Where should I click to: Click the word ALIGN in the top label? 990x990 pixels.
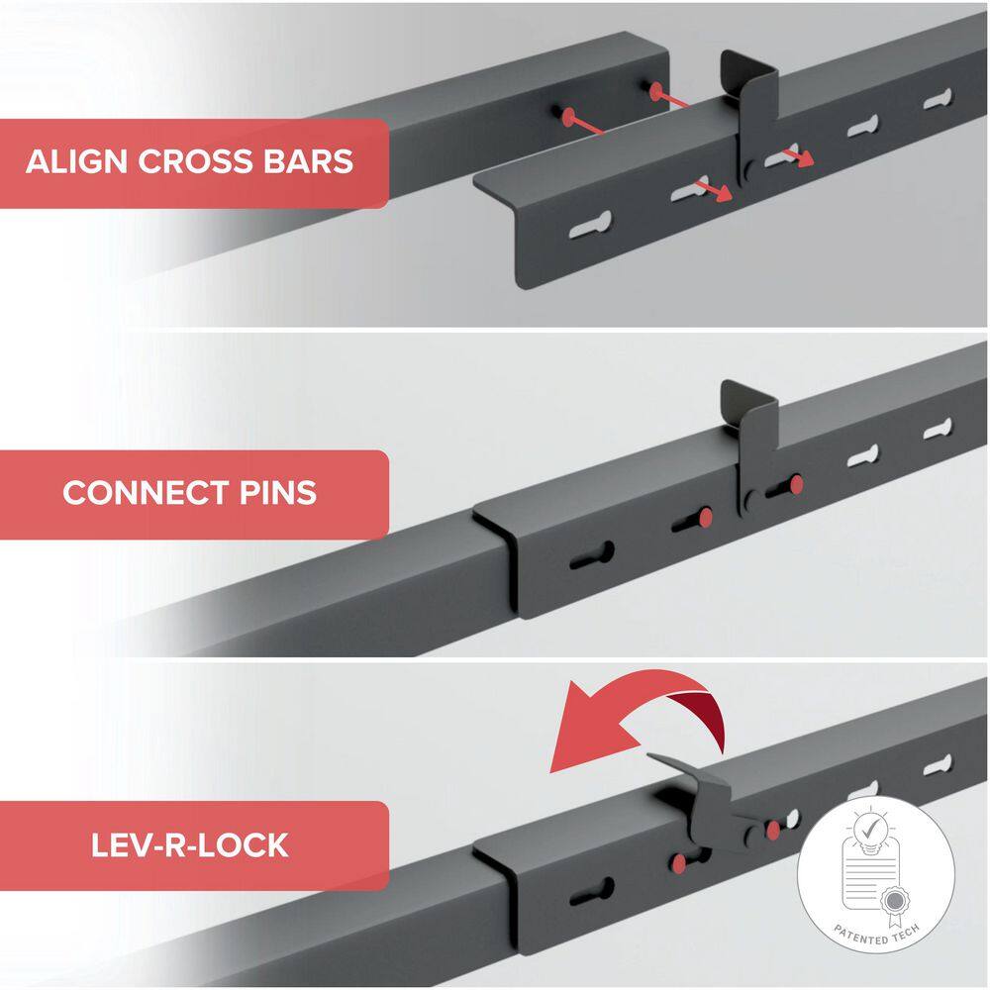(x=76, y=161)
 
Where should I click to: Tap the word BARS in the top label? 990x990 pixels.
(x=308, y=161)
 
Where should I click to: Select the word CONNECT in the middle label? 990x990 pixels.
(x=146, y=493)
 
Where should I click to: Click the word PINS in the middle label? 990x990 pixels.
(x=278, y=493)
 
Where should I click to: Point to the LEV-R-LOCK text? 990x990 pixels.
(x=189, y=845)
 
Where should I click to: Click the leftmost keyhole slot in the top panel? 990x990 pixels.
(x=591, y=225)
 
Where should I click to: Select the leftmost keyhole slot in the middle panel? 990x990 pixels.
(x=592, y=555)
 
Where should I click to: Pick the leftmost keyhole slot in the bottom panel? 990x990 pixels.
(x=592, y=891)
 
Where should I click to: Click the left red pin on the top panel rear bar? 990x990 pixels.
(x=567, y=116)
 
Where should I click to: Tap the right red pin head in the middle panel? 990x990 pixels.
(x=796, y=484)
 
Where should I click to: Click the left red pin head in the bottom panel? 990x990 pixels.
(x=679, y=863)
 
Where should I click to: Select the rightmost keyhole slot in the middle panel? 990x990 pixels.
(x=939, y=429)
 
